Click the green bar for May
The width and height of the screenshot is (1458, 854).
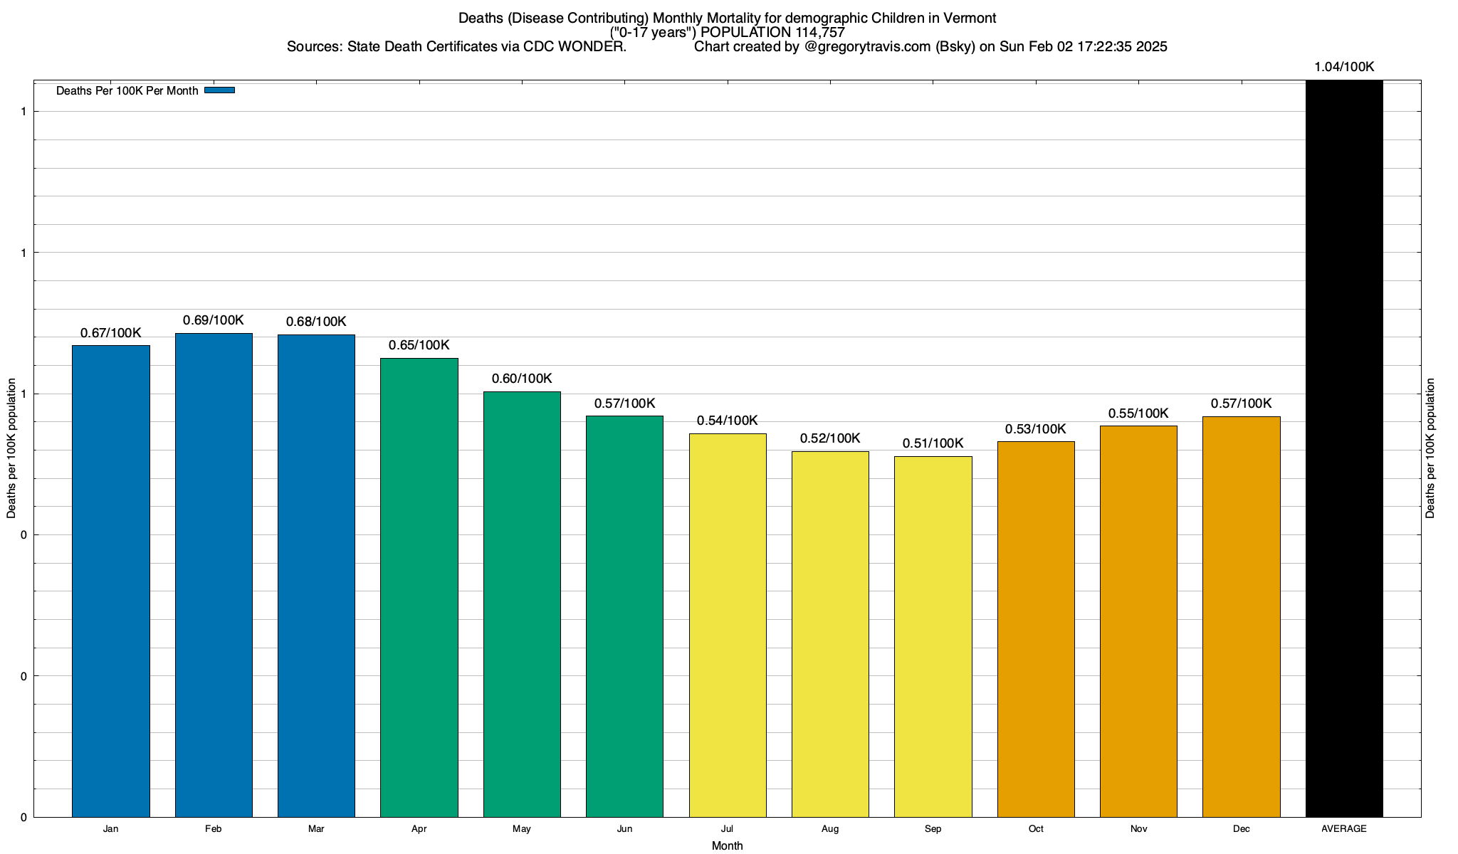(522, 604)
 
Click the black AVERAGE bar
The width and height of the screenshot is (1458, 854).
(1344, 448)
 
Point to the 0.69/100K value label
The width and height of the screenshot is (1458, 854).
(214, 320)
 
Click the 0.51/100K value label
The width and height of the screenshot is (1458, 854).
(933, 443)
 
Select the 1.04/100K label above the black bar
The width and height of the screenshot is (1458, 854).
(1344, 67)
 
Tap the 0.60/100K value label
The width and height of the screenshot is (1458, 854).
(522, 379)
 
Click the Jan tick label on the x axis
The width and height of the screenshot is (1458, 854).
(110, 828)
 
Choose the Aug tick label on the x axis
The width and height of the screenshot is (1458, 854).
(830, 828)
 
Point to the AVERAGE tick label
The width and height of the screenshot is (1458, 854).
(1344, 828)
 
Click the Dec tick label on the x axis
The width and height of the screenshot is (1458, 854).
(1241, 828)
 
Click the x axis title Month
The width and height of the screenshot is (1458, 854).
(727, 845)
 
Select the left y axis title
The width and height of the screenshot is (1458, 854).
(11, 448)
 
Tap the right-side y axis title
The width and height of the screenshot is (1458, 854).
(1430, 448)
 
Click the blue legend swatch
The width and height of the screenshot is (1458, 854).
(219, 90)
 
